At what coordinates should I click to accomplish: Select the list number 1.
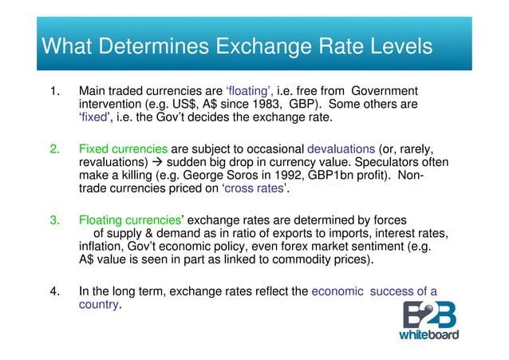[56, 90]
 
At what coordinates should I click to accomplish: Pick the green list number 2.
[56, 149]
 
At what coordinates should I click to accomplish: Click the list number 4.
[56, 291]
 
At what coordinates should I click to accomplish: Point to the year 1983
[268, 105]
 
